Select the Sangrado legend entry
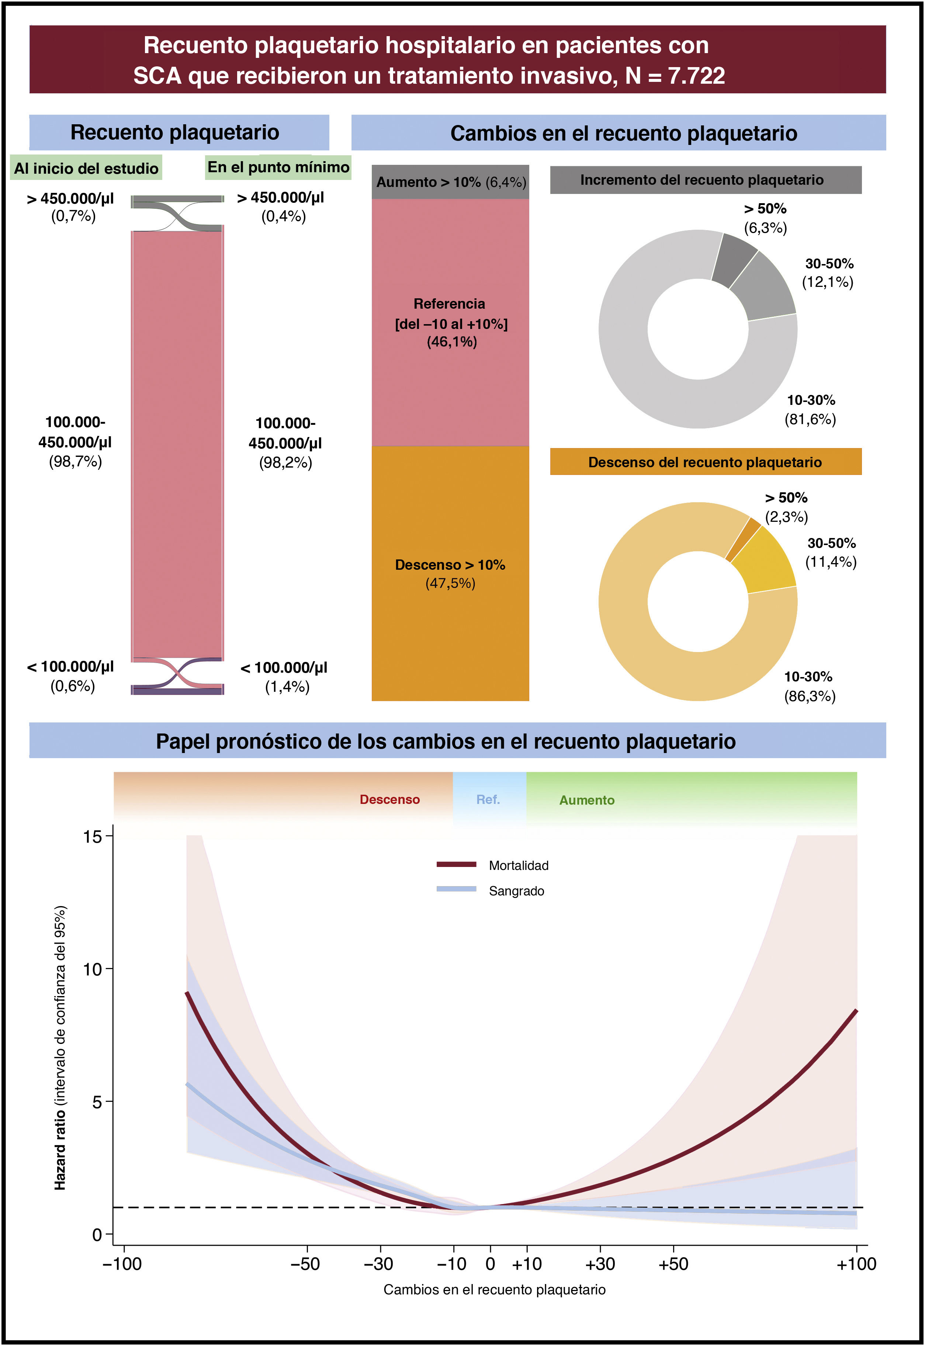click(490, 891)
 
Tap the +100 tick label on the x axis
click(856, 1264)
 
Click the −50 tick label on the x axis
click(305, 1264)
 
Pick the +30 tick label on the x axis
click(600, 1264)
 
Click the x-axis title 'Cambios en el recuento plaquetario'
click(494, 1290)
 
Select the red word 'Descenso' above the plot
click(389, 799)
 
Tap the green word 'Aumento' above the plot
click(586, 800)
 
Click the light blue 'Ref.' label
click(488, 799)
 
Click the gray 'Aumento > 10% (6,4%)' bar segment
click(450, 182)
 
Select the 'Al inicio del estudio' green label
click(86, 168)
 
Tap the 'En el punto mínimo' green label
click(278, 167)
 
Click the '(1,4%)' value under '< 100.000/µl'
click(287, 687)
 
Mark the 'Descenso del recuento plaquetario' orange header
click(705, 462)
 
